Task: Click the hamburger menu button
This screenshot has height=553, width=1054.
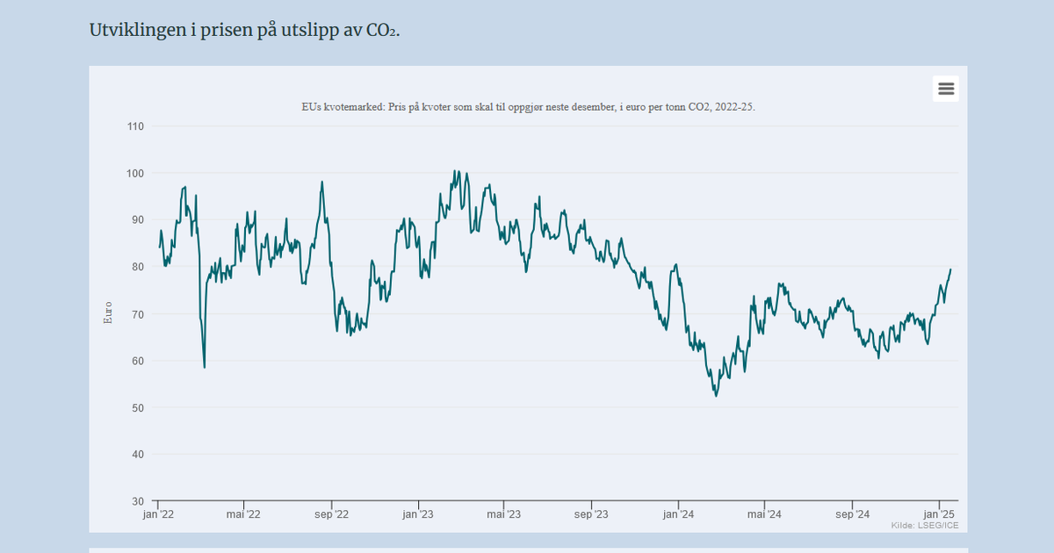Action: (x=946, y=89)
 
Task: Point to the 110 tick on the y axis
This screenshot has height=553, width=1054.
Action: (x=135, y=126)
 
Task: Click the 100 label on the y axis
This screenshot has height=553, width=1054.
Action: (x=135, y=174)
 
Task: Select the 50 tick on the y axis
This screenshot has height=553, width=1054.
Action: (x=138, y=407)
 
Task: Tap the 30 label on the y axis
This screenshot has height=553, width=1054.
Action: (x=138, y=501)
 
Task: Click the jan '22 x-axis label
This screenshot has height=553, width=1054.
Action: (x=158, y=514)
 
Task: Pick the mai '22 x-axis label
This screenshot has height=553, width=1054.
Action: (x=243, y=514)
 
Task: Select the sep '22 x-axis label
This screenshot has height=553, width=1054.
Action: (x=332, y=514)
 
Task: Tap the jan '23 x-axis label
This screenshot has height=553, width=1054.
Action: (x=418, y=514)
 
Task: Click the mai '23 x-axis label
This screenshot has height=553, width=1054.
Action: (x=504, y=514)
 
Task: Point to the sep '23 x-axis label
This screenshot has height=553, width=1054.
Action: (x=591, y=514)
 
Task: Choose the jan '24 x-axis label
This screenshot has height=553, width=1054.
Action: (x=678, y=514)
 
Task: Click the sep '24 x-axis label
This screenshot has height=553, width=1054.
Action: (x=853, y=514)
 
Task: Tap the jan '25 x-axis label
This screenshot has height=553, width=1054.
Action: (x=939, y=514)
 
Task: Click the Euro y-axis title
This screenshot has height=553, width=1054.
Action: (x=108, y=312)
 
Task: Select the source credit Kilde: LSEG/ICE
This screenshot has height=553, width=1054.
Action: (x=925, y=525)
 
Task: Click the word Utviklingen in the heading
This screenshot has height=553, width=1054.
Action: (x=138, y=31)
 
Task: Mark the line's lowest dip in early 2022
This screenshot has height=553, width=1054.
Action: (x=204, y=367)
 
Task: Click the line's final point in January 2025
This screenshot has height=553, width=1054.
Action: (x=950, y=269)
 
